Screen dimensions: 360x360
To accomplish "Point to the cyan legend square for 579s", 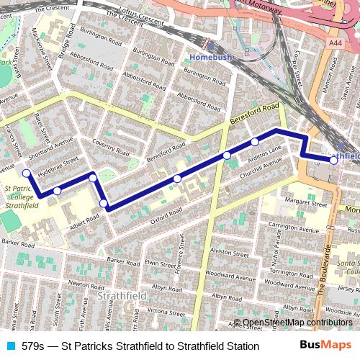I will pyautogui.click(x=9, y=346).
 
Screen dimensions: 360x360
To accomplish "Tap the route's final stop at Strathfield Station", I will pyautogui.click(x=333, y=161).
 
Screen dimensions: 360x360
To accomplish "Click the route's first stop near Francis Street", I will pyautogui.click(x=27, y=173).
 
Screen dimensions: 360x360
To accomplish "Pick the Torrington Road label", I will pyautogui.click(x=290, y=272).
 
